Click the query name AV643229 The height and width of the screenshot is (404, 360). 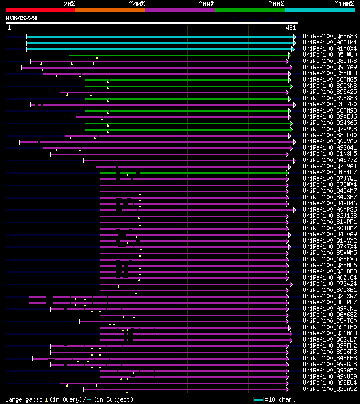(x=21, y=18)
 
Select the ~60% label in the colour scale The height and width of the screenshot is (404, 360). (x=206, y=4)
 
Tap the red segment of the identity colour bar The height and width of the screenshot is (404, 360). (x=40, y=10)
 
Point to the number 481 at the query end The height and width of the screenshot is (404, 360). (x=291, y=28)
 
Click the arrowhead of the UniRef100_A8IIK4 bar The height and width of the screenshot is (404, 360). (x=294, y=42)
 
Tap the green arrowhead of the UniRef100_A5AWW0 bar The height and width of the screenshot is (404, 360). (x=289, y=55)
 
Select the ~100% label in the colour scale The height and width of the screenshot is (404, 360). (x=344, y=4)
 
